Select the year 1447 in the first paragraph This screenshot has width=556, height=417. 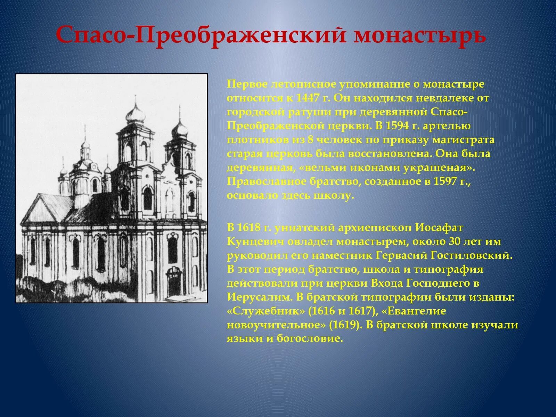click(308, 98)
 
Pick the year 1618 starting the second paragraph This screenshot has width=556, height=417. click(248, 228)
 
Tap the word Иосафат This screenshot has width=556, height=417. click(439, 228)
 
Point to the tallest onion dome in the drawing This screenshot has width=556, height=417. click(133, 113)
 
